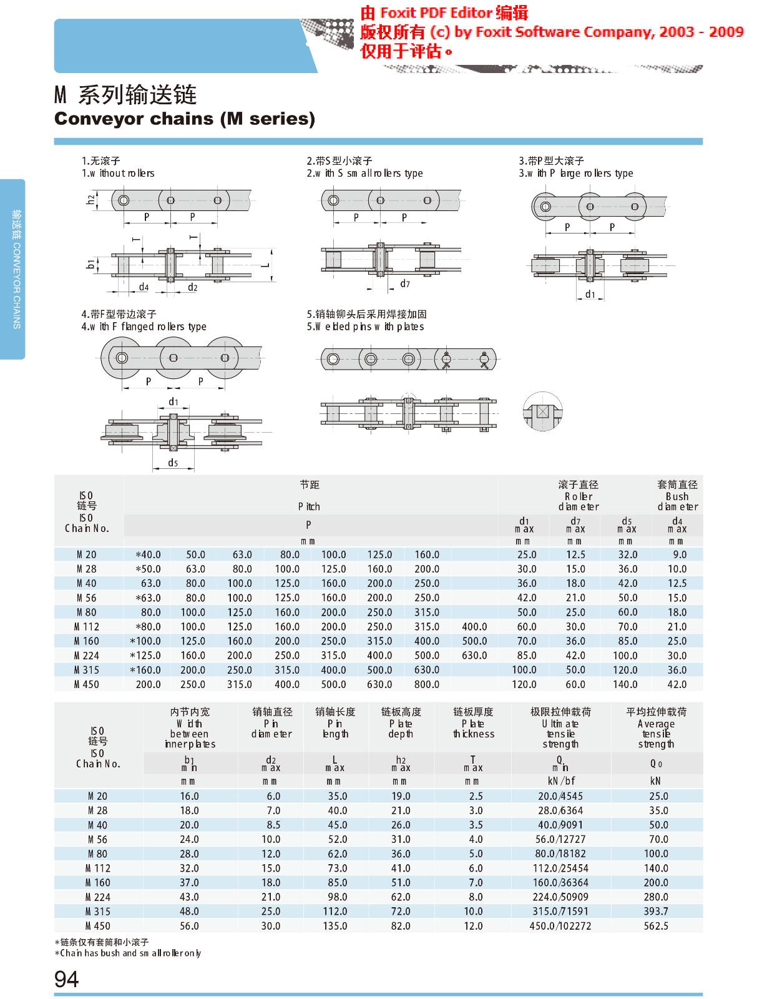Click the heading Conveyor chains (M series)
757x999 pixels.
click(185, 119)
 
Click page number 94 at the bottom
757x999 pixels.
click(67, 978)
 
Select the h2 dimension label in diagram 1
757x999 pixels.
click(90, 200)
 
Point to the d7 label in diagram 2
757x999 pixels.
click(405, 284)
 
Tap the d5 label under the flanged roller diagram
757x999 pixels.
click(173, 463)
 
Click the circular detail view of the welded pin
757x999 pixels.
click(542, 411)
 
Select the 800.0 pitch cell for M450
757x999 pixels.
click(427, 684)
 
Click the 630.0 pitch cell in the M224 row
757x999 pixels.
click(474, 656)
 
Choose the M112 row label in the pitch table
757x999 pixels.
click(87, 627)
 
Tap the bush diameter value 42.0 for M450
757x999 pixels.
click(677, 684)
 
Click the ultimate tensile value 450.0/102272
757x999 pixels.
click(560, 926)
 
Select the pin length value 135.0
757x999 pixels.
click(335, 926)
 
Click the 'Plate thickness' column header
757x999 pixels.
click(473, 723)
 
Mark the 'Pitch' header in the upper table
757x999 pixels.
click(308, 506)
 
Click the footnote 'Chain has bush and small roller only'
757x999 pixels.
click(128, 953)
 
